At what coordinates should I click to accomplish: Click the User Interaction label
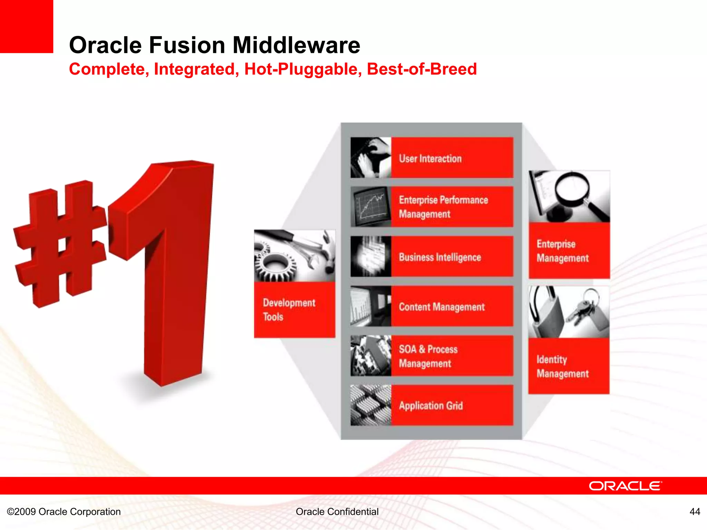click(430, 159)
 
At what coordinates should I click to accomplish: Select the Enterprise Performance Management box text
click(443, 207)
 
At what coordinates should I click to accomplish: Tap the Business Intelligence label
click(440, 257)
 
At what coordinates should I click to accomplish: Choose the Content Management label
click(442, 307)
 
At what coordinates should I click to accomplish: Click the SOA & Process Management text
click(428, 356)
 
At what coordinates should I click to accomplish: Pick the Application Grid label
click(431, 406)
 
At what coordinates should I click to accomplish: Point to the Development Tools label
click(289, 310)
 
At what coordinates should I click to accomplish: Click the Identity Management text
click(562, 366)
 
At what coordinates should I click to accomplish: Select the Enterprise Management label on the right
click(562, 251)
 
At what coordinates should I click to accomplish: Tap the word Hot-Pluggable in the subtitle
click(303, 69)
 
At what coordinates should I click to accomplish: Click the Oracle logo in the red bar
click(625, 486)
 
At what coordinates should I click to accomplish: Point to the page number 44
click(695, 511)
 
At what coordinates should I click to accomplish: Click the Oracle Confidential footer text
click(337, 511)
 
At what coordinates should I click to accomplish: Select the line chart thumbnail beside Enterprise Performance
click(370, 207)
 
